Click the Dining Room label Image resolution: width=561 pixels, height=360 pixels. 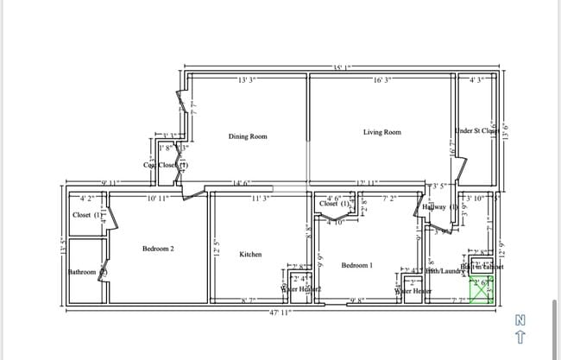point(247,136)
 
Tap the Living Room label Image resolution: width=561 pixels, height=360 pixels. point(381,132)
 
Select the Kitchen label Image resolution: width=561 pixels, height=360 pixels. point(250,255)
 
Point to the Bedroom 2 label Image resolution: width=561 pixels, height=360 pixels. point(158,249)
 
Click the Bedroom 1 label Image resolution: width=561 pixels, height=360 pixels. point(356,265)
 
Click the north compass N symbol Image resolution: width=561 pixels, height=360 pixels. point(520,319)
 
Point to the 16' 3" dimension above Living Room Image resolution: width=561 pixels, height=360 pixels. point(382,80)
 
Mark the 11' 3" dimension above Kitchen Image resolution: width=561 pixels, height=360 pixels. point(261,199)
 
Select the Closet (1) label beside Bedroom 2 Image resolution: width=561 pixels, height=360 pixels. point(88,214)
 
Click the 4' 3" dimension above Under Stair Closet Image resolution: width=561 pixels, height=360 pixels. point(476,80)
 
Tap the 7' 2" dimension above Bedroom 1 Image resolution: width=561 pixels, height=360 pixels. point(390,199)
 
